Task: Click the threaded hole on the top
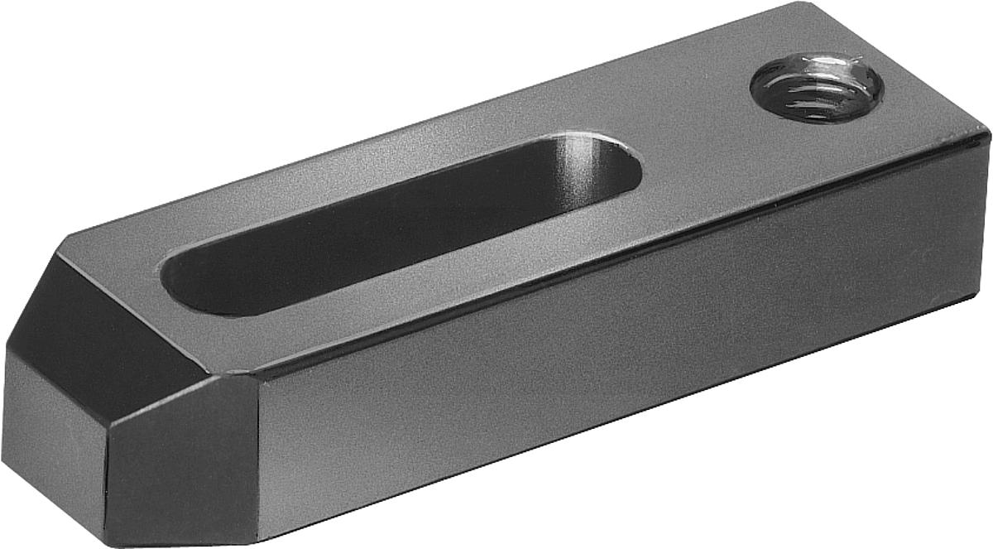[816, 87]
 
